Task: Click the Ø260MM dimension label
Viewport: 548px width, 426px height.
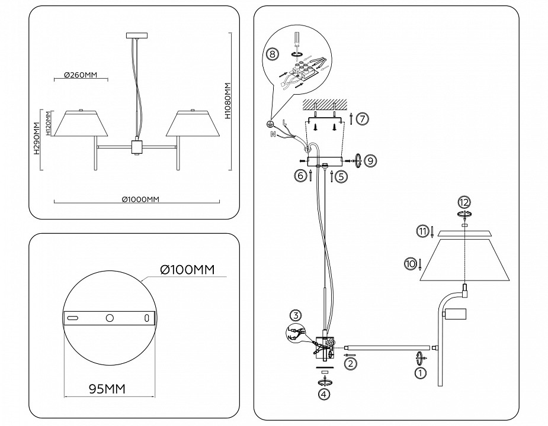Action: pos(80,75)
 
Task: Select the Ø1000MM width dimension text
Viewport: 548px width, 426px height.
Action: pos(141,199)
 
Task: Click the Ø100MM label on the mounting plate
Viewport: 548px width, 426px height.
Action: pos(187,270)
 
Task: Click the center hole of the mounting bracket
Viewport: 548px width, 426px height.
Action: pos(110,318)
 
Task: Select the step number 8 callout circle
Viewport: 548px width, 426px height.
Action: pos(272,54)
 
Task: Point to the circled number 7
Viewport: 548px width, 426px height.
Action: pos(363,118)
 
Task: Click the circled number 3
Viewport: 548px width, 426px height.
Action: pos(296,315)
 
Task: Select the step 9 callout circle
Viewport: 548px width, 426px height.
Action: pos(370,160)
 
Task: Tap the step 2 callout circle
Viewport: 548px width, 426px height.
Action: pos(351,363)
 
